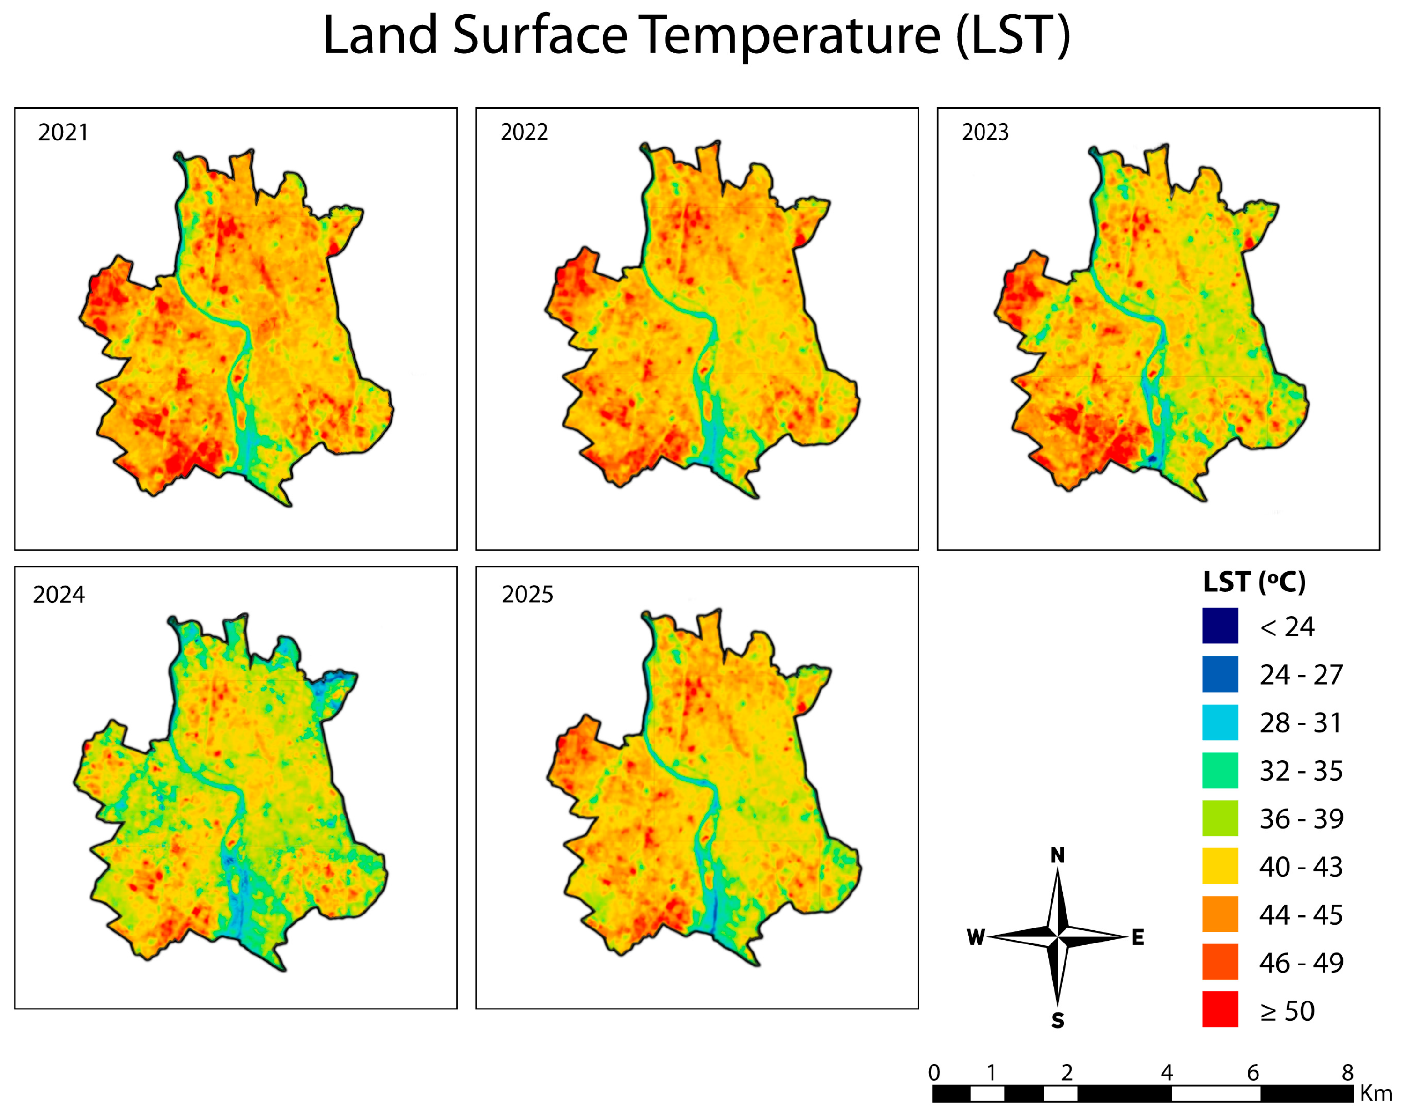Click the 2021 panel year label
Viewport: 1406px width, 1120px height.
coord(63,133)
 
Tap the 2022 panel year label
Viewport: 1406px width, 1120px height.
coord(524,133)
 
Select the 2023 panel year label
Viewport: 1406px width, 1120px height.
coord(985,133)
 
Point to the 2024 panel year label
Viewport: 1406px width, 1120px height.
coord(59,595)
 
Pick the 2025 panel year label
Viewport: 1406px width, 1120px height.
coord(527,595)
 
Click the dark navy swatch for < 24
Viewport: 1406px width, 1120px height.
coord(1220,626)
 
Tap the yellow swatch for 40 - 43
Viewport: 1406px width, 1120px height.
coord(1220,866)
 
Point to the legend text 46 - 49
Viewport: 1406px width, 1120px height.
coord(1301,962)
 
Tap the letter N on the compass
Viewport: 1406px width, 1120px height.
coord(1057,855)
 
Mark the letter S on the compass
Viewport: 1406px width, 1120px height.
coord(1057,1021)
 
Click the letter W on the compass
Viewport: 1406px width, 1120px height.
coord(976,937)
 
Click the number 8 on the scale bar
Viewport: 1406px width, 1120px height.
coord(1347,1072)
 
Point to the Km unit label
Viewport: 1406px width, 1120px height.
coord(1376,1093)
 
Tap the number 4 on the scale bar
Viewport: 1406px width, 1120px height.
coord(1166,1072)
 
